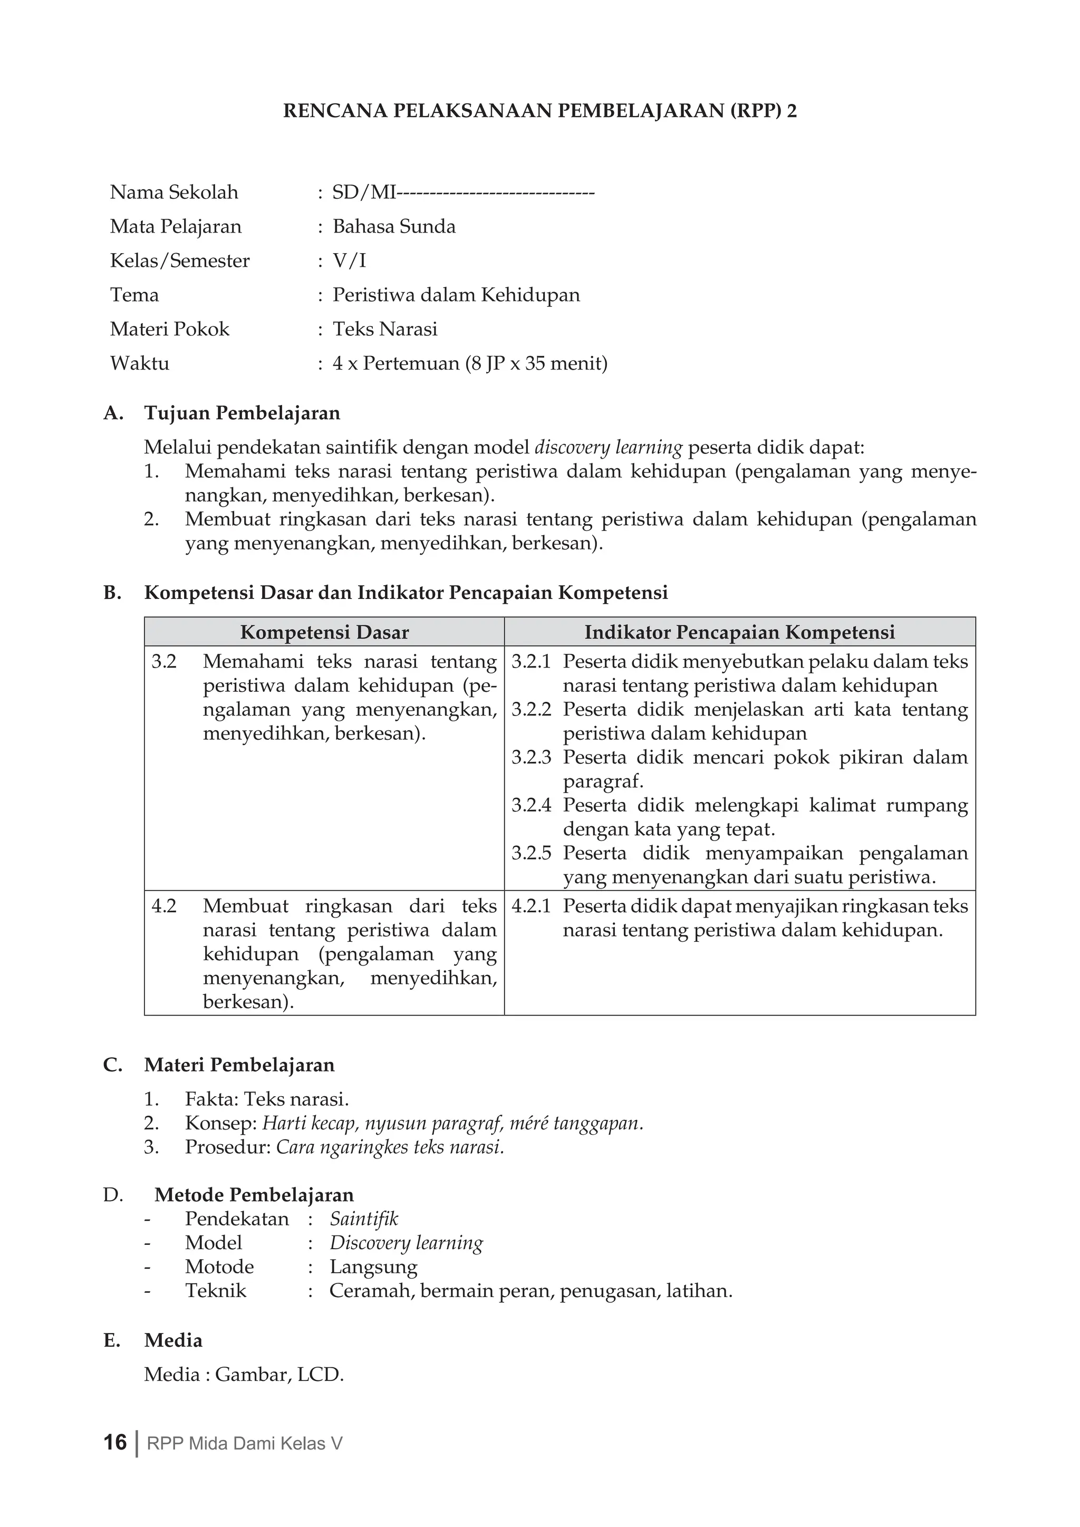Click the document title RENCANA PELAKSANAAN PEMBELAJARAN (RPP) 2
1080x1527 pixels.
tap(539, 111)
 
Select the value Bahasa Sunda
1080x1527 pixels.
tap(394, 227)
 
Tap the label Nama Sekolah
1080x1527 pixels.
tap(173, 193)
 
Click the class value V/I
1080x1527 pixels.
tap(349, 260)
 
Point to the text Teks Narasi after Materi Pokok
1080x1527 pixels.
tap(385, 329)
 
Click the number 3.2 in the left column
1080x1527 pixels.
tap(163, 662)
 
